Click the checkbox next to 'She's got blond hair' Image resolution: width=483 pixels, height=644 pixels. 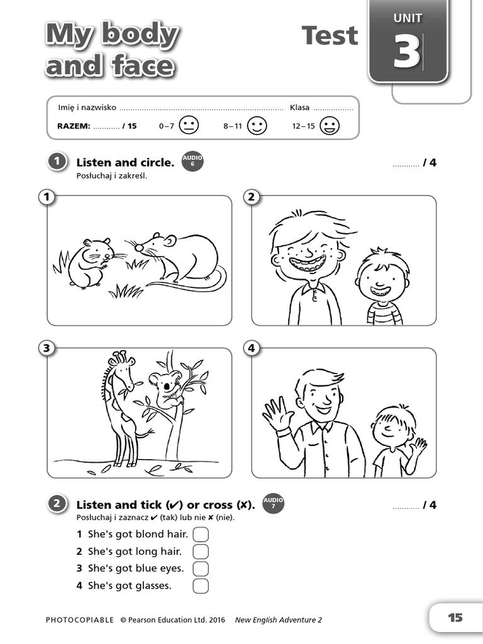pyautogui.click(x=200, y=535)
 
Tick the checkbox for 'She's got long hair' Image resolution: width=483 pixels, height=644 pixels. pyautogui.click(x=200, y=552)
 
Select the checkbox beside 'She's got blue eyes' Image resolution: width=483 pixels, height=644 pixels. pyautogui.click(x=200, y=569)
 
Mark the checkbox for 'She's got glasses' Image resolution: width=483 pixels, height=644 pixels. pyautogui.click(x=200, y=586)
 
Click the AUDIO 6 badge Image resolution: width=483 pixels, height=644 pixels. pyautogui.click(x=192, y=162)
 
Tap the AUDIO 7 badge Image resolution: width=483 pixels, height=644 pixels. pyautogui.click(x=273, y=504)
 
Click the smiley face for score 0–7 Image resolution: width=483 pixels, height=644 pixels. pyautogui.click(x=189, y=126)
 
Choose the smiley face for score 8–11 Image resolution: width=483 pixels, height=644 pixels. pyautogui.click(x=257, y=126)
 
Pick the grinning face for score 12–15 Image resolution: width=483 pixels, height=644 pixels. pyautogui.click(x=329, y=126)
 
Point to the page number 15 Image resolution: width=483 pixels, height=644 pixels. pyautogui.click(x=455, y=618)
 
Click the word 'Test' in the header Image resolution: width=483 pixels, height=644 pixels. pyautogui.click(x=330, y=36)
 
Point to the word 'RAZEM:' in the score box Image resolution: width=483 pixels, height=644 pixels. pyautogui.click(x=74, y=126)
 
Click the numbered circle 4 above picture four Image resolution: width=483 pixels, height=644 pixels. pyautogui.click(x=252, y=348)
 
